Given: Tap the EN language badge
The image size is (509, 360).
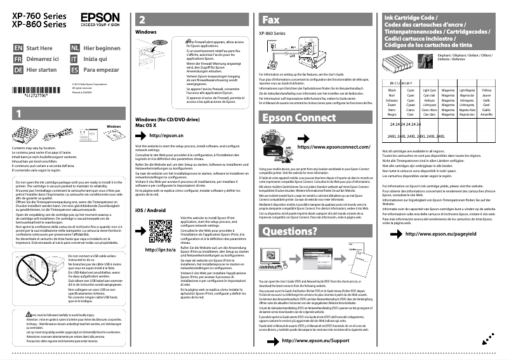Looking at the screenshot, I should tap(18, 48).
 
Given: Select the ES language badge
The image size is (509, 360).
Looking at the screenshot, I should tap(75, 69).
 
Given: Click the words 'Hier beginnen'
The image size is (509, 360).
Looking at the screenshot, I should tap(102, 48).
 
